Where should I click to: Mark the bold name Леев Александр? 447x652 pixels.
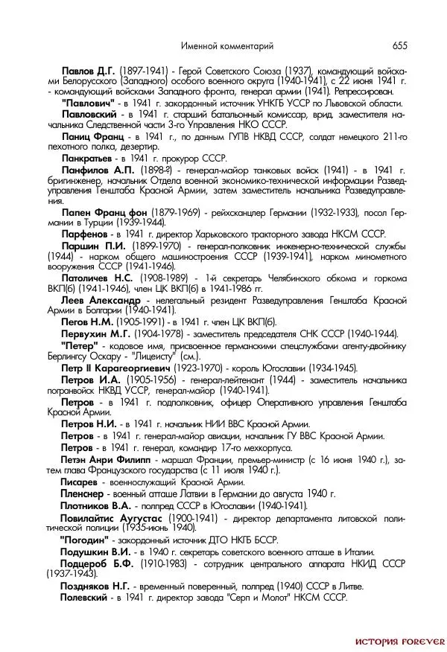point(101,299)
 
